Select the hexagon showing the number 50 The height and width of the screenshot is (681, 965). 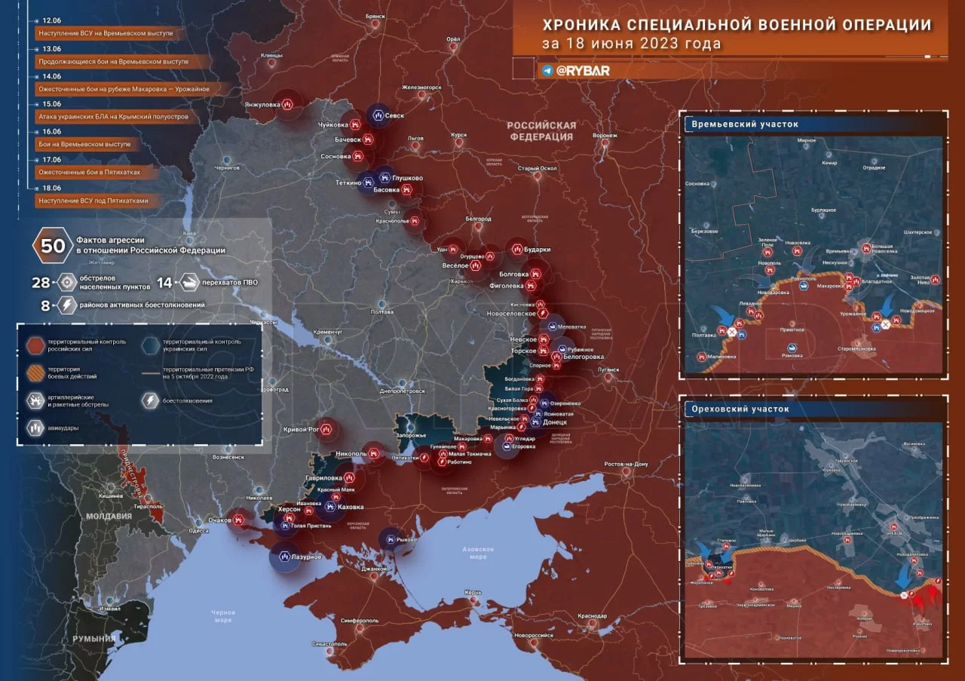pyautogui.click(x=53, y=246)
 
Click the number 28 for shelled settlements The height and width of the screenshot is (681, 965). pyautogui.click(x=41, y=283)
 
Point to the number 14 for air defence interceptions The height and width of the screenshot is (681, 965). pyautogui.click(x=165, y=283)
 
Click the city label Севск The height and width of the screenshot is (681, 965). pyautogui.click(x=396, y=115)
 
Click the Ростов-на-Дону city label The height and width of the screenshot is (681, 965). pyautogui.click(x=626, y=464)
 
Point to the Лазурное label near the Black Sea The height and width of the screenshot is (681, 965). pyautogui.click(x=307, y=557)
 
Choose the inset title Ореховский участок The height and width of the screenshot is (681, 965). pyautogui.click(x=740, y=409)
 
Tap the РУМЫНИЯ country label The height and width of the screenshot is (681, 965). pyautogui.click(x=93, y=639)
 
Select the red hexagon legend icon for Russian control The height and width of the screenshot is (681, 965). pyautogui.click(x=35, y=345)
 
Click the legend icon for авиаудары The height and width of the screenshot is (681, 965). pyautogui.click(x=35, y=427)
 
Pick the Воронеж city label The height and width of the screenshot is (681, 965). pyautogui.click(x=605, y=136)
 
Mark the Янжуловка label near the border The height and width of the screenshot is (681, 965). pyautogui.click(x=262, y=105)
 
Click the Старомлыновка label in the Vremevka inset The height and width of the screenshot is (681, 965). pyautogui.click(x=856, y=348)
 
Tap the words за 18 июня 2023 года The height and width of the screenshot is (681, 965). pyautogui.click(x=630, y=43)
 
